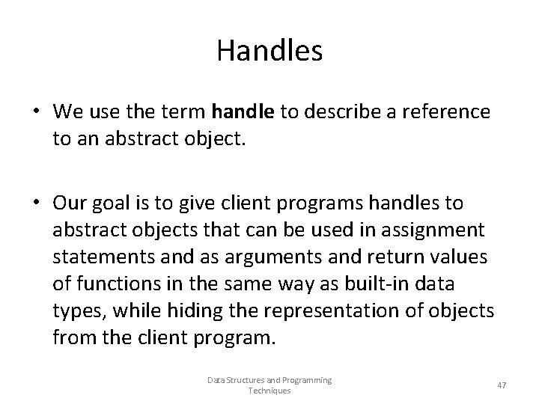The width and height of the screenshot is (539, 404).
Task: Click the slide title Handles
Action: tap(269, 51)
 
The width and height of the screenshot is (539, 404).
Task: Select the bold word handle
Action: tap(243, 112)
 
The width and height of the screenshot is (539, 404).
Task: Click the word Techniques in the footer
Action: tap(269, 391)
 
